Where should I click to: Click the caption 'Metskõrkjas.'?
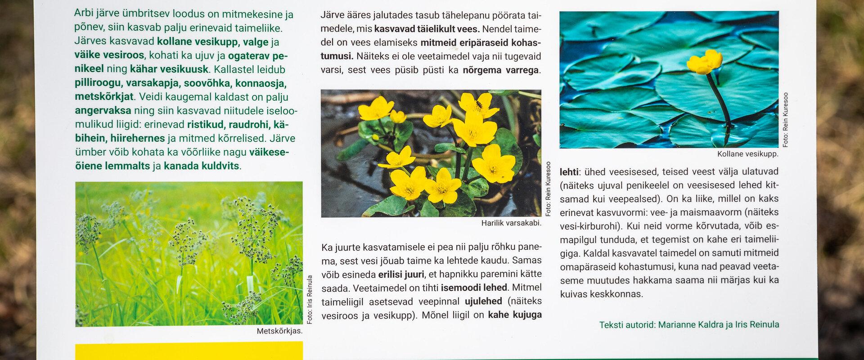(279, 331)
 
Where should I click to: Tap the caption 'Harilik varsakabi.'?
(511, 223)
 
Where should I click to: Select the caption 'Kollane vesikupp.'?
(747, 154)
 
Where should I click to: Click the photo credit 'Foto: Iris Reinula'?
(310, 300)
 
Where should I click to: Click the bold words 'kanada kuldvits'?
(201, 166)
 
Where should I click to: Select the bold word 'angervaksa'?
(103, 111)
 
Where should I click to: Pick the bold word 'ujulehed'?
(483, 301)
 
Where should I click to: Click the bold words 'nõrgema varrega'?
(501, 70)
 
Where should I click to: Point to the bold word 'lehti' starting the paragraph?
(569, 171)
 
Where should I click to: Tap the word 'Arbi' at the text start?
(84, 13)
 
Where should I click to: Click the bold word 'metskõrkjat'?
(104, 97)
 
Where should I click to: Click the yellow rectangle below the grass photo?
(189, 351)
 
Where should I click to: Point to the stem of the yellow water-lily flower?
(718, 99)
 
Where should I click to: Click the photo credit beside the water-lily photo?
(786, 120)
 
